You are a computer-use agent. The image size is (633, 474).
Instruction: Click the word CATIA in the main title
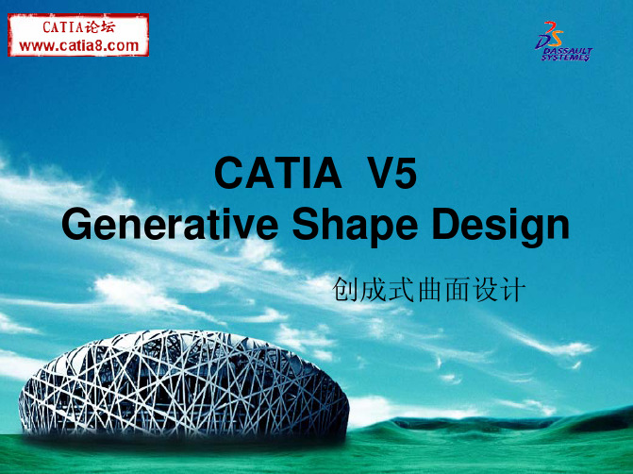click(278, 173)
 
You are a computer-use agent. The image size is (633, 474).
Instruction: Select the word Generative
click(170, 224)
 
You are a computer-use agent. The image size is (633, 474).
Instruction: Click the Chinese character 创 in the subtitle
click(344, 289)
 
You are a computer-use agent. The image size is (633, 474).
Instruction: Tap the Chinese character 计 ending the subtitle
click(512, 289)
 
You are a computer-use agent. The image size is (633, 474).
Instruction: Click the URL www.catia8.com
click(78, 45)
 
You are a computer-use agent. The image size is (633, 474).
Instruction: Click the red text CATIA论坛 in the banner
click(78, 27)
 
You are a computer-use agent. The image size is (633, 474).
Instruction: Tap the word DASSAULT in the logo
click(568, 51)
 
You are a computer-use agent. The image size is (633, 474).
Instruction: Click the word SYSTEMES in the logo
click(565, 58)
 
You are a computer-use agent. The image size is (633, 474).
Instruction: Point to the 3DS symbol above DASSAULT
click(550, 35)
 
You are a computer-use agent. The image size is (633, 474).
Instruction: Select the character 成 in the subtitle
click(373, 289)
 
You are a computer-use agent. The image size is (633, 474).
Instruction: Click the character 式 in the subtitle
click(401, 289)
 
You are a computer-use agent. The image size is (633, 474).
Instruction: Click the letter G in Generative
click(75, 224)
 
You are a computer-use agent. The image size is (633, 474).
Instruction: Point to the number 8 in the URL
click(97, 45)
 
